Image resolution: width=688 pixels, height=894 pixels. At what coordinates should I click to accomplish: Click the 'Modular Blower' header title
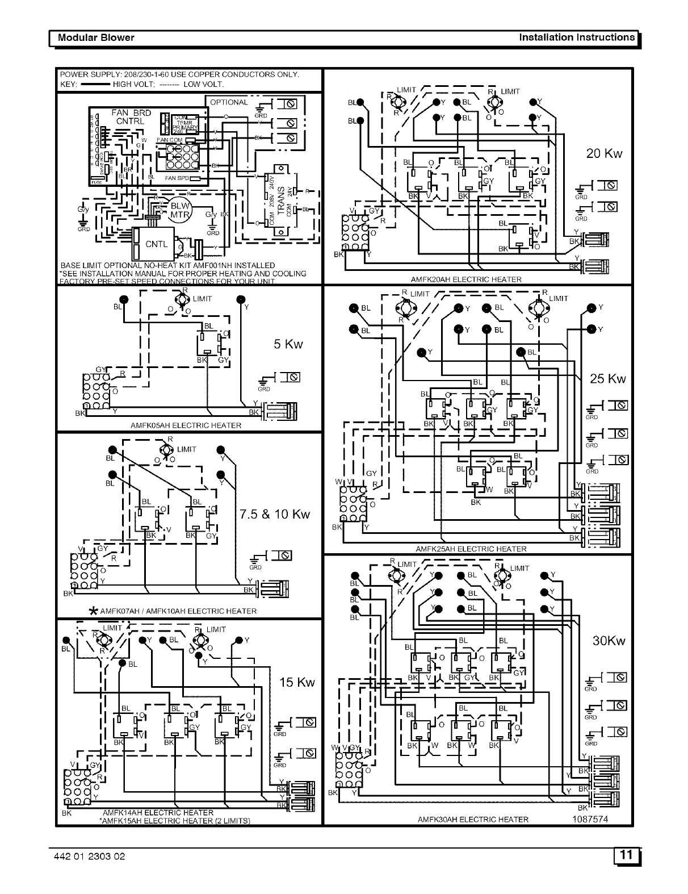coord(93,37)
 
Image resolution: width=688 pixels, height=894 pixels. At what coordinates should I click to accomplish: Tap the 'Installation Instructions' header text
coord(577,37)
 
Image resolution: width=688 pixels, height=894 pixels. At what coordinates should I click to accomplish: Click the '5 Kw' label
coord(288,344)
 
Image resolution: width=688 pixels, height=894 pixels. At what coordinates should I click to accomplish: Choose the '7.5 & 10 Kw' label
coord(275,514)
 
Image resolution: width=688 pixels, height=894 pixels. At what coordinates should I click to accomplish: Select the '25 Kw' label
coord(607,379)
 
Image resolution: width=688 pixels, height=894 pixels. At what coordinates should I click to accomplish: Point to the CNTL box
coord(156,244)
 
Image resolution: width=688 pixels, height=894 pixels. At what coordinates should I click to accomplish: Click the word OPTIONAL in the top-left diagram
coord(229,103)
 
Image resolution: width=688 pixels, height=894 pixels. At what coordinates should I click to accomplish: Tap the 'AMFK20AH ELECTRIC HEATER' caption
coord(466,279)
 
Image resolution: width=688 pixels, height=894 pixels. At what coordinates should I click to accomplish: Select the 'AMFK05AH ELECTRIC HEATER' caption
coord(186,425)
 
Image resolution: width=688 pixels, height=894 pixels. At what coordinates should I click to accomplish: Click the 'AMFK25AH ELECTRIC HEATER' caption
coord(471,549)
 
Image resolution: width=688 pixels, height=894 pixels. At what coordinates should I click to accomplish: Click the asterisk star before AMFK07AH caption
coord(94,612)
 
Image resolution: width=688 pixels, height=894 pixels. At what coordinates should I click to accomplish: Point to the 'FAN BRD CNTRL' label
coord(131,116)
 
